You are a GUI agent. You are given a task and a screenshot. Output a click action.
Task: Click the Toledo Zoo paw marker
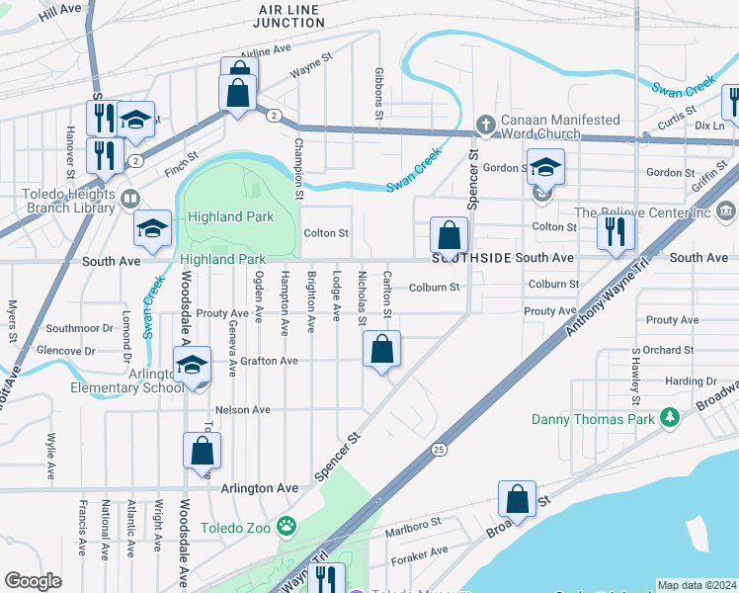click(x=287, y=526)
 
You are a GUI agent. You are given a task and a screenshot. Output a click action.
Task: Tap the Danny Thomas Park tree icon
click(x=670, y=419)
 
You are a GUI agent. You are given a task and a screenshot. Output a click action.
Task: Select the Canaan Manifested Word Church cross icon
click(x=484, y=126)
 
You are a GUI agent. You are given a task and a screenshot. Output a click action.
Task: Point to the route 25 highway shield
click(x=438, y=451)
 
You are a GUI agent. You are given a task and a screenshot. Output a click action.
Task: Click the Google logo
click(x=33, y=581)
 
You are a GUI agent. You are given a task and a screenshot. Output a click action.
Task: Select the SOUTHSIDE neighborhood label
click(x=471, y=258)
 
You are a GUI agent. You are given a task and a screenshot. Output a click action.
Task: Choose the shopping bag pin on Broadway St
click(x=517, y=498)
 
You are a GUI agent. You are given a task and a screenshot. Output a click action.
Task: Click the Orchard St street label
click(x=668, y=350)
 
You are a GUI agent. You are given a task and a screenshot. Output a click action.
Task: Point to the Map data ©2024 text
click(x=697, y=585)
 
